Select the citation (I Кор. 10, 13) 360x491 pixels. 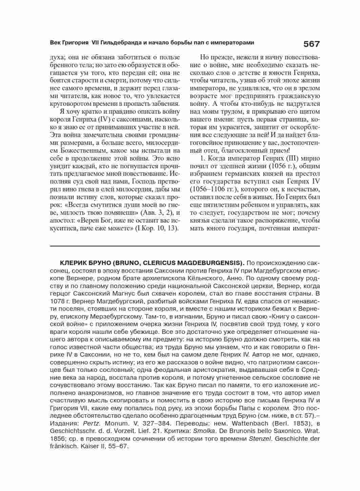coord(157,228)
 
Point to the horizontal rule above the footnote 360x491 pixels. coord(185,245)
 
